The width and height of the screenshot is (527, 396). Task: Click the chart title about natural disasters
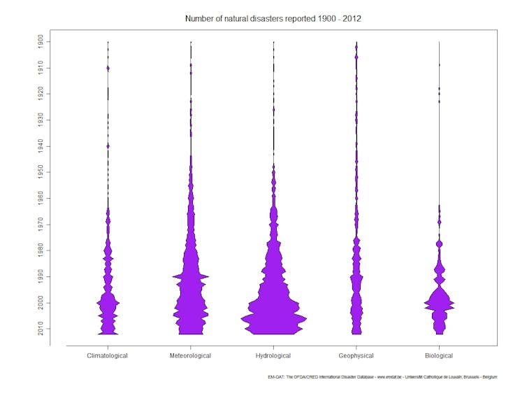click(x=273, y=17)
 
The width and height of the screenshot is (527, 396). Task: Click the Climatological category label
click(x=108, y=355)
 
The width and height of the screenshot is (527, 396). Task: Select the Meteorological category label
click(x=190, y=355)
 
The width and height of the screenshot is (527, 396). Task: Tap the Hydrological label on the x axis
click(x=273, y=355)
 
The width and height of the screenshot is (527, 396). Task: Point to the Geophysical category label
click(x=356, y=355)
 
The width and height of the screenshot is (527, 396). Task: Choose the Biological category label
click(x=439, y=355)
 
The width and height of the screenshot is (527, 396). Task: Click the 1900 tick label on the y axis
click(x=42, y=41)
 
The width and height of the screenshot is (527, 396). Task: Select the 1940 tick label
click(x=42, y=146)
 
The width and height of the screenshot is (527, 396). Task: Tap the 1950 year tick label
click(x=42, y=171)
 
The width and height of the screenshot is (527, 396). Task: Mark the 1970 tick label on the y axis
click(x=42, y=224)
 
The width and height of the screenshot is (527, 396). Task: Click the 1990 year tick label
click(x=42, y=276)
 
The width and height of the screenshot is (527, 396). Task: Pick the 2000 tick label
click(x=42, y=302)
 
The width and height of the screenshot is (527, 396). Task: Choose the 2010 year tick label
click(x=42, y=329)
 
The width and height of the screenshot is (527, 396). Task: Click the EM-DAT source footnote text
click(x=382, y=377)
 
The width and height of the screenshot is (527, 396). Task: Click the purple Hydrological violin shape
click(x=273, y=308)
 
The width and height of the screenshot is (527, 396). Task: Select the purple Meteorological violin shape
click(x=190, y=294)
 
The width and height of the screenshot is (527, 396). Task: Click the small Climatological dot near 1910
click(x=108, y=68)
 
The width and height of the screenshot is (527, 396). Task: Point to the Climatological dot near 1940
click(x=108, y=146)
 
